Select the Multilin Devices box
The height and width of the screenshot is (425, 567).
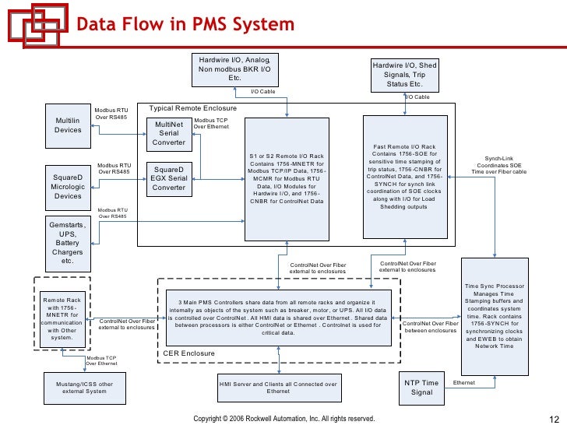click(x=68, y=126)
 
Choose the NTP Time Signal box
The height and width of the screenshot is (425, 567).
click(x=421, y=388)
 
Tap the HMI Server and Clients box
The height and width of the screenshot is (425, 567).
click(x=278, y=388)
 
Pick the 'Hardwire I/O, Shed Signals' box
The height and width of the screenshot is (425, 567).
click(x=405, y=74)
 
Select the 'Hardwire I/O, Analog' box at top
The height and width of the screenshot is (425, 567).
click(x=234, y=68)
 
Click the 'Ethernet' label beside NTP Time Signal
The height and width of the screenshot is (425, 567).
click(x=464, y=383)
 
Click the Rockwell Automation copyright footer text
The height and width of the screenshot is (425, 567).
click(x=284, y=419)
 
